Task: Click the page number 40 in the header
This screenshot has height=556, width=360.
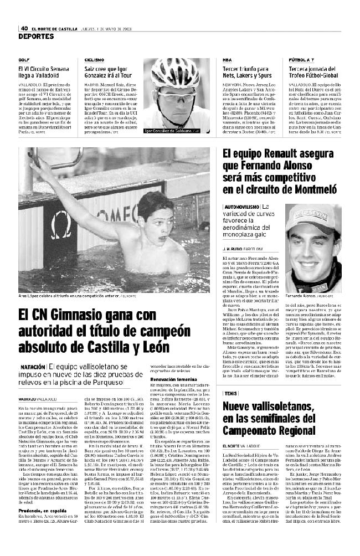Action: [24, 29]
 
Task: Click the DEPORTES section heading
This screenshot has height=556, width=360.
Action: [35, 37]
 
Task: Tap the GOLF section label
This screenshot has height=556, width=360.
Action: [23, 59]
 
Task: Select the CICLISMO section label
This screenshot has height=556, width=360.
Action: [94, 59]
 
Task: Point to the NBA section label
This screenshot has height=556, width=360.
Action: [227, 59]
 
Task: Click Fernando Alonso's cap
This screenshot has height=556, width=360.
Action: [310, 217]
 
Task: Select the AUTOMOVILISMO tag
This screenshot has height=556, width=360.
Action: [242, 206]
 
